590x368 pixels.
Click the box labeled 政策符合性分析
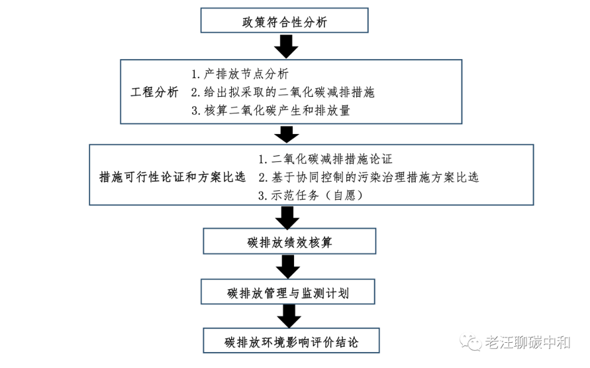click(284, 21)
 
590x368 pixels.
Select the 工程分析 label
click(154, 92)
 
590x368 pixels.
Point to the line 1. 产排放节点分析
click(240, 74)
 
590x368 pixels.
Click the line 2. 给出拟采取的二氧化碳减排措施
click(283, 92)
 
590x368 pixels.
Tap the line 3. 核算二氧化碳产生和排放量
click(271, 110)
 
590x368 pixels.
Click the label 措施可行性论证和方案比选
click(172, 176)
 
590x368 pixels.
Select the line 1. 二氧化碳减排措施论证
click(326, 159)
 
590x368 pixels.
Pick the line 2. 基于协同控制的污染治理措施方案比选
click(369, 177)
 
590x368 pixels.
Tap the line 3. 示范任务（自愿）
click(311, 195)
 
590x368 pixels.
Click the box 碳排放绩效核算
click(289, 241)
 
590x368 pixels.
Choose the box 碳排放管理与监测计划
click(288, 292)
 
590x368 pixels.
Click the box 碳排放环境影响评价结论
click(291, 341)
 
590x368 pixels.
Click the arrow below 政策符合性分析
click(286, 46)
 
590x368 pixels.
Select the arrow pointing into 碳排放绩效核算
click(287, 217)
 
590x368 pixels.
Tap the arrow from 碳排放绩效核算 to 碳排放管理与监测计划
click(288, 267)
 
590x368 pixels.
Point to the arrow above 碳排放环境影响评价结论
click(289, 316)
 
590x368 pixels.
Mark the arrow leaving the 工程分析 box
click(287, 135)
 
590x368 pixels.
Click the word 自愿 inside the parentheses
click(345, 195)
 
